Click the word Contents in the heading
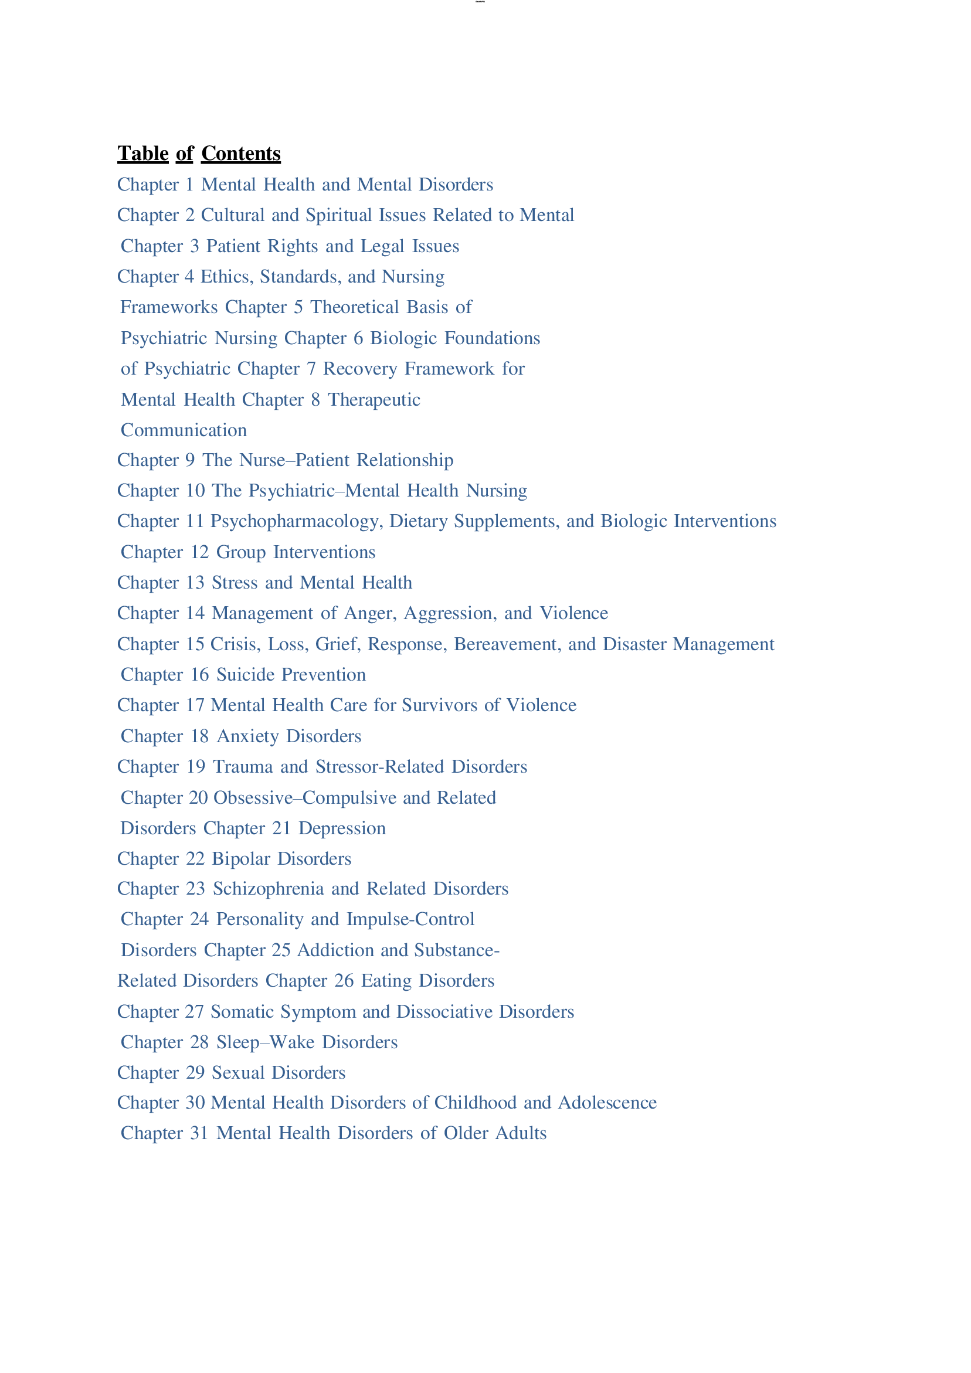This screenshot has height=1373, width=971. coord(240,154)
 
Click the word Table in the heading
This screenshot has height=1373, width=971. coord(143,154)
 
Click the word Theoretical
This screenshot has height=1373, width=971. coord(347,307)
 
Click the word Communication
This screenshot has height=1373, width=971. coord(184,430)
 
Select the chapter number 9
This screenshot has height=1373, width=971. coord(190,460)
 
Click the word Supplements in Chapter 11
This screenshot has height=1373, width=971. coord(507,521)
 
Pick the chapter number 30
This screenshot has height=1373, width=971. coord(196,1103)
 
